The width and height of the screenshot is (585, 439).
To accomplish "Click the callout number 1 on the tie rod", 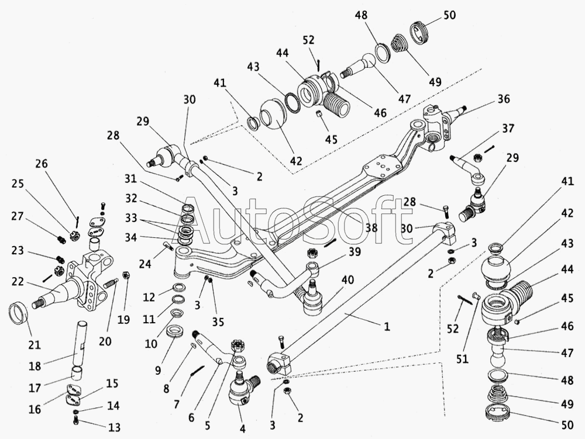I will point(386,327).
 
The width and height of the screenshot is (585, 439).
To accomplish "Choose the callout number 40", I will point(347,281).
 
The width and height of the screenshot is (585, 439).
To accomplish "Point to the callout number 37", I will point(508,129).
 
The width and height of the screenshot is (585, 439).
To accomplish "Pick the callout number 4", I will point(242,429).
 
